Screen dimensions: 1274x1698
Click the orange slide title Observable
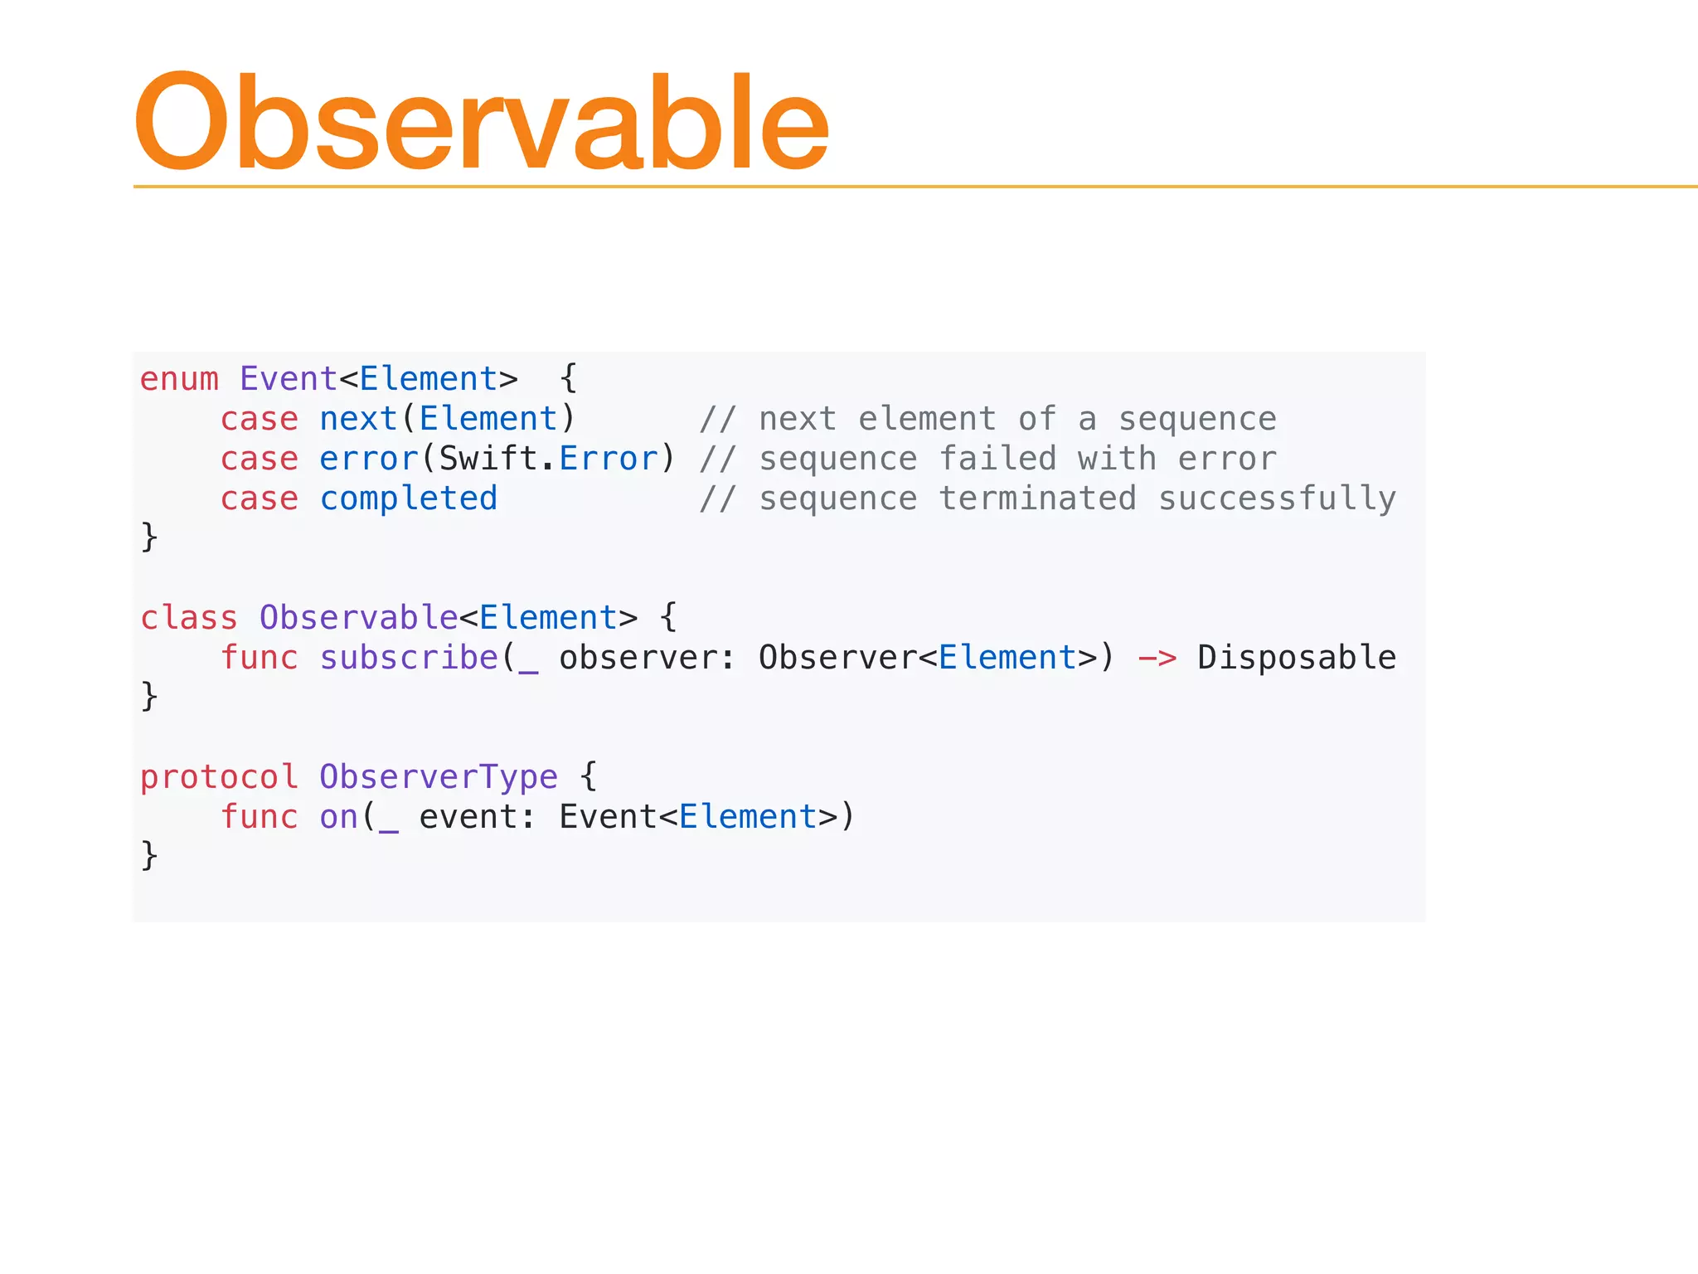pyautogui.click(x=481, y=123)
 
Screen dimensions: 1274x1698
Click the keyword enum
pyautogui.click(x=179, y=379)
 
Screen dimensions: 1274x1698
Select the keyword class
pyautogui.click(x=189, y=618)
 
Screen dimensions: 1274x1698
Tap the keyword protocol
pyautogui.click(x=219, y=777)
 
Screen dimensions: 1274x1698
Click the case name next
pyautogui.click(x=358, y=419)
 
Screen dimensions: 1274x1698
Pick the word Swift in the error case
pyautogui.click(x=488, y=459)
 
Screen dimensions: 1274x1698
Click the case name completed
pyautogui.click(x=409, y=498)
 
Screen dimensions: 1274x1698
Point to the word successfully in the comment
pyautogui.click(x=1277, y=498)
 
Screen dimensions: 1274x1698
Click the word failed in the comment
pyautogui.click(x=997, y=459)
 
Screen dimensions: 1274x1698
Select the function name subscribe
pyautogui.click(x=409, y=658)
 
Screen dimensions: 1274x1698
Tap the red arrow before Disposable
pyautogui.click(x=1157, y=659)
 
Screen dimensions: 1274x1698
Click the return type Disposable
pyautogui.click(x=1297, y=658)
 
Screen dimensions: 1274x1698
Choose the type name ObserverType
pyautogui.click(x=439, y=777)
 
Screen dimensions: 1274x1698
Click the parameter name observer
pyautogui.click(x=638, y=658)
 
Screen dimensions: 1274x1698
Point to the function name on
pyautogui.click(x=338, y=817)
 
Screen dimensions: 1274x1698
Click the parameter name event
pyautogui.click(x=468, y=817)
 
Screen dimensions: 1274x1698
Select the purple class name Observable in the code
pyautogui.click(x=358, y=618)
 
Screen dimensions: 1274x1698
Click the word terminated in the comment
pyautogui.click(x=1037, y=498)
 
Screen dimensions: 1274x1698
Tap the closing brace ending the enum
pyautogui.click(x=149, y=537)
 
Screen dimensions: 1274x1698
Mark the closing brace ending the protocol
pyautogui.click(x=149, y=855)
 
